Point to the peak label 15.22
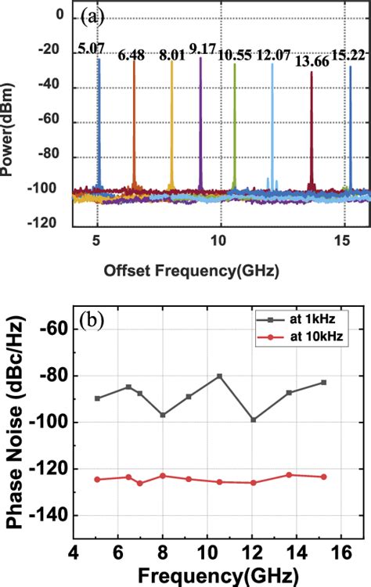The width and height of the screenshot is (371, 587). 348,53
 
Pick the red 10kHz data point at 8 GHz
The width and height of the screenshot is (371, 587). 163,475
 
